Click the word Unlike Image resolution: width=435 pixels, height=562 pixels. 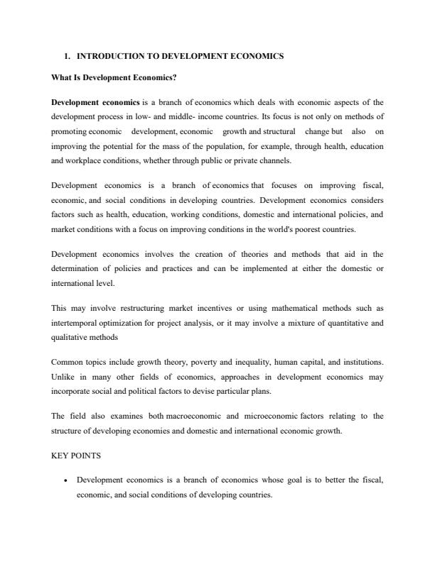pos(63,378)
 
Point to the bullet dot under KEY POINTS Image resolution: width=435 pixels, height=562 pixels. pos(65,480)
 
